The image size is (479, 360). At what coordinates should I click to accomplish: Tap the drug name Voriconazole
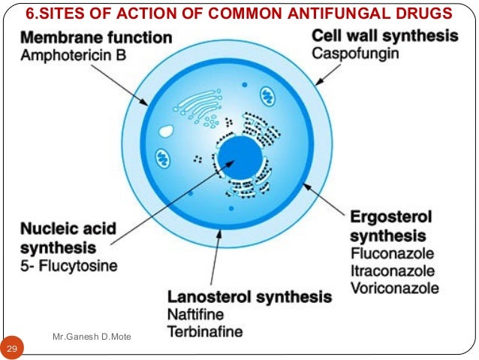click(x=395, y=287)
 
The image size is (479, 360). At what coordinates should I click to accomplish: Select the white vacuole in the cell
click(x=164, y=131)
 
